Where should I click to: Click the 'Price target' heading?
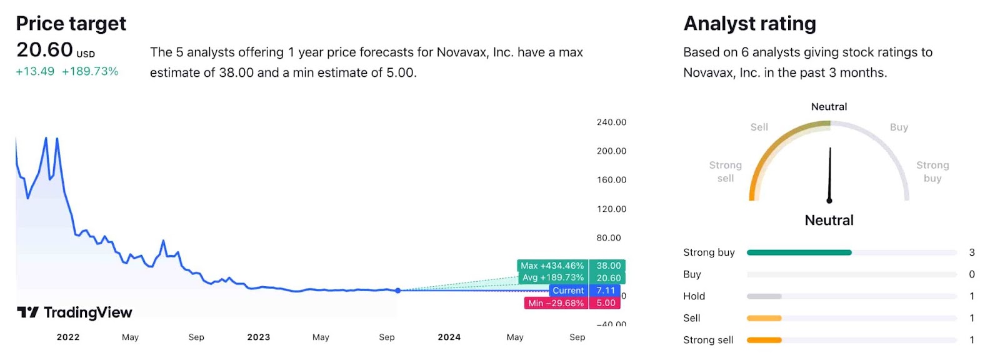[x=71, y=24]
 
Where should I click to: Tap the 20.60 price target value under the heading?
[x=44, y=50]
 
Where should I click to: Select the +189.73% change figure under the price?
[x=90, y=71]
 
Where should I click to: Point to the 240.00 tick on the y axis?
[x=611, y=122]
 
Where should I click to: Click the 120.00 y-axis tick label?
[x=611, y=209]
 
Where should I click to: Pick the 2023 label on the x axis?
[x=259, y=337]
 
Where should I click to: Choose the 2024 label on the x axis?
[x=449, y=337]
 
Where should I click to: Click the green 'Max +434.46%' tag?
[x=552, y=266]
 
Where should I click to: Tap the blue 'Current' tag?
[x=568, y=291]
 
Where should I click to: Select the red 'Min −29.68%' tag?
[x=556, y=303]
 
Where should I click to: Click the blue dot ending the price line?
[x=398, y=291]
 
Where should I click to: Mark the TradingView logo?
[x=74, y=312]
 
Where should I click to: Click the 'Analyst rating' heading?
[x=749, y=24]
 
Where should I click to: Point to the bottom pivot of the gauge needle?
[x=829, y=201]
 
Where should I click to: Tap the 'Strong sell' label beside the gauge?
[x=726, y=171]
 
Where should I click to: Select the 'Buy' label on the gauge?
[x=899, y=127]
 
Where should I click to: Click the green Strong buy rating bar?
[x=799, y=252]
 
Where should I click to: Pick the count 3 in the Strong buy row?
[x=972, y=252]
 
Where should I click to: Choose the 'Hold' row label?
[x=694, y=296]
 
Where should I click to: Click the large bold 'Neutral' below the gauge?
[x=829, y=220]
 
